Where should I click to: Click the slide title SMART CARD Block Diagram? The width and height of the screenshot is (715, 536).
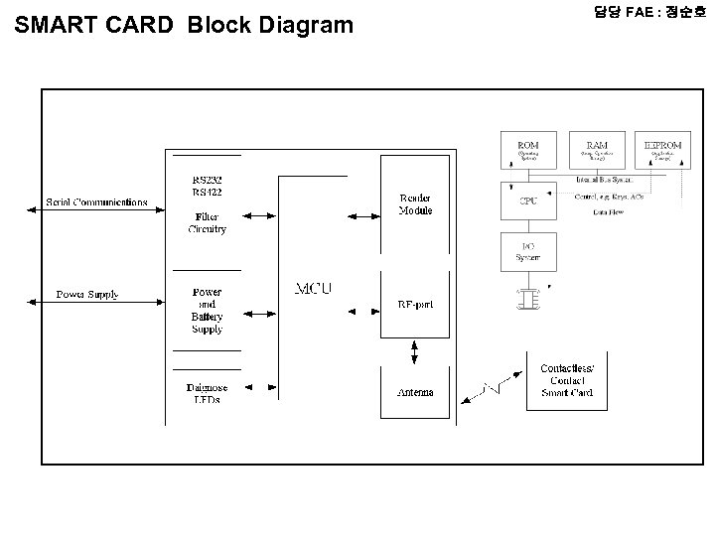[185, 25]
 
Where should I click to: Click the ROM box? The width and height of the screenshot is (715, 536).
[528, 150]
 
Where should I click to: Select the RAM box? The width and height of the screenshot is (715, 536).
[597, 150]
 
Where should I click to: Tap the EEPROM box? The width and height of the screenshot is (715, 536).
[662, 150]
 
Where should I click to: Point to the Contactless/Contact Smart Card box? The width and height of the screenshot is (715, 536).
[567, 381]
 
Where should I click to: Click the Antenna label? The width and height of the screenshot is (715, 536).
[415, 392]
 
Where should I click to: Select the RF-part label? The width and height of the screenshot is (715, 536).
[415, 304]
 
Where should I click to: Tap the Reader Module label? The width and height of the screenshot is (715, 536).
[415, 204]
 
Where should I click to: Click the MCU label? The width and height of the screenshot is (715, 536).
[313, 289]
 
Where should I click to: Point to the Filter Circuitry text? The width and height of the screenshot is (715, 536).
[207, 222]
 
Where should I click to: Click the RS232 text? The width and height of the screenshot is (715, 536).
[208, 181]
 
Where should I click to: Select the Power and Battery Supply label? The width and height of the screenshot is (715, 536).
[207, 311]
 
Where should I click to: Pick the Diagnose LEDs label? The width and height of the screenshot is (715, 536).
[207, 393]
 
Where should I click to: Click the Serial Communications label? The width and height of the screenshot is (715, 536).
[96, 203]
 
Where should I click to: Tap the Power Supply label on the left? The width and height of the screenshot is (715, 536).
[87, 295]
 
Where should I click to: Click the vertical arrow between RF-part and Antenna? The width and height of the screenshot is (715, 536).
[415, 351]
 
